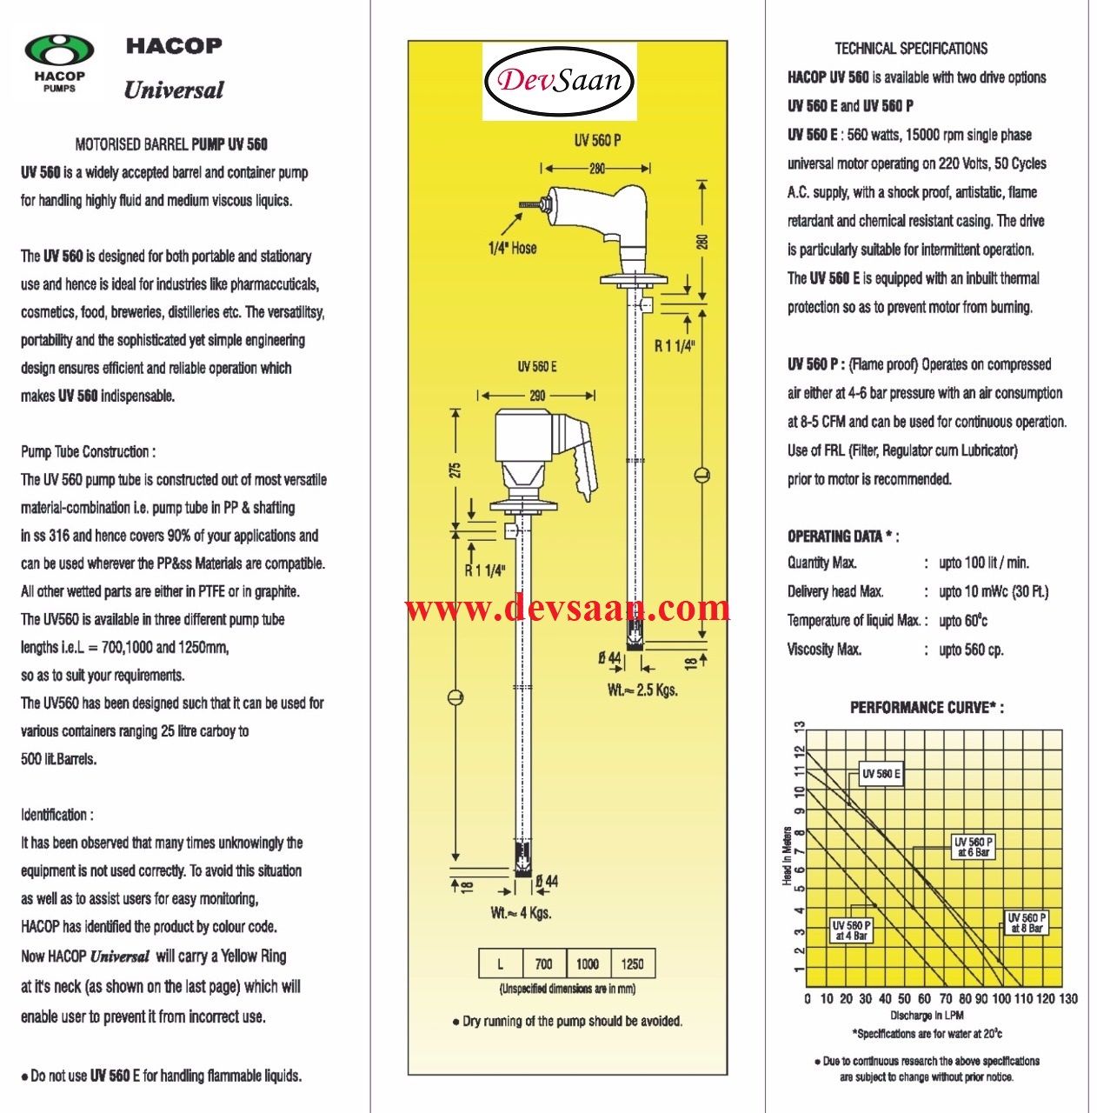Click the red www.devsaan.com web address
click(568, 608)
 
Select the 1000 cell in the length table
click(588, 963)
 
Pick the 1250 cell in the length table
click(633, 963)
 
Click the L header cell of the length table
click(501, 963)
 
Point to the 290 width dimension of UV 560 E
click(537, 396)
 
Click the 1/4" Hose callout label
click(511, 249)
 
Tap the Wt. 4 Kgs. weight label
click(521, 913)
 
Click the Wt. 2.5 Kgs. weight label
click(642, 690)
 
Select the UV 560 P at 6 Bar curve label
click(974, 847)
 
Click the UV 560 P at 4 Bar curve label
click(852, 930)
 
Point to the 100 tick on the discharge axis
click(1001, 999)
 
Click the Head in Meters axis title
click(788, 856)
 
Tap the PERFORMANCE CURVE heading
click(927, 708)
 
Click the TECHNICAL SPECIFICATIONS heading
click(911, 49)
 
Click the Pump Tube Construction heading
click(88, 451)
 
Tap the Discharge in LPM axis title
click(927, 1016)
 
